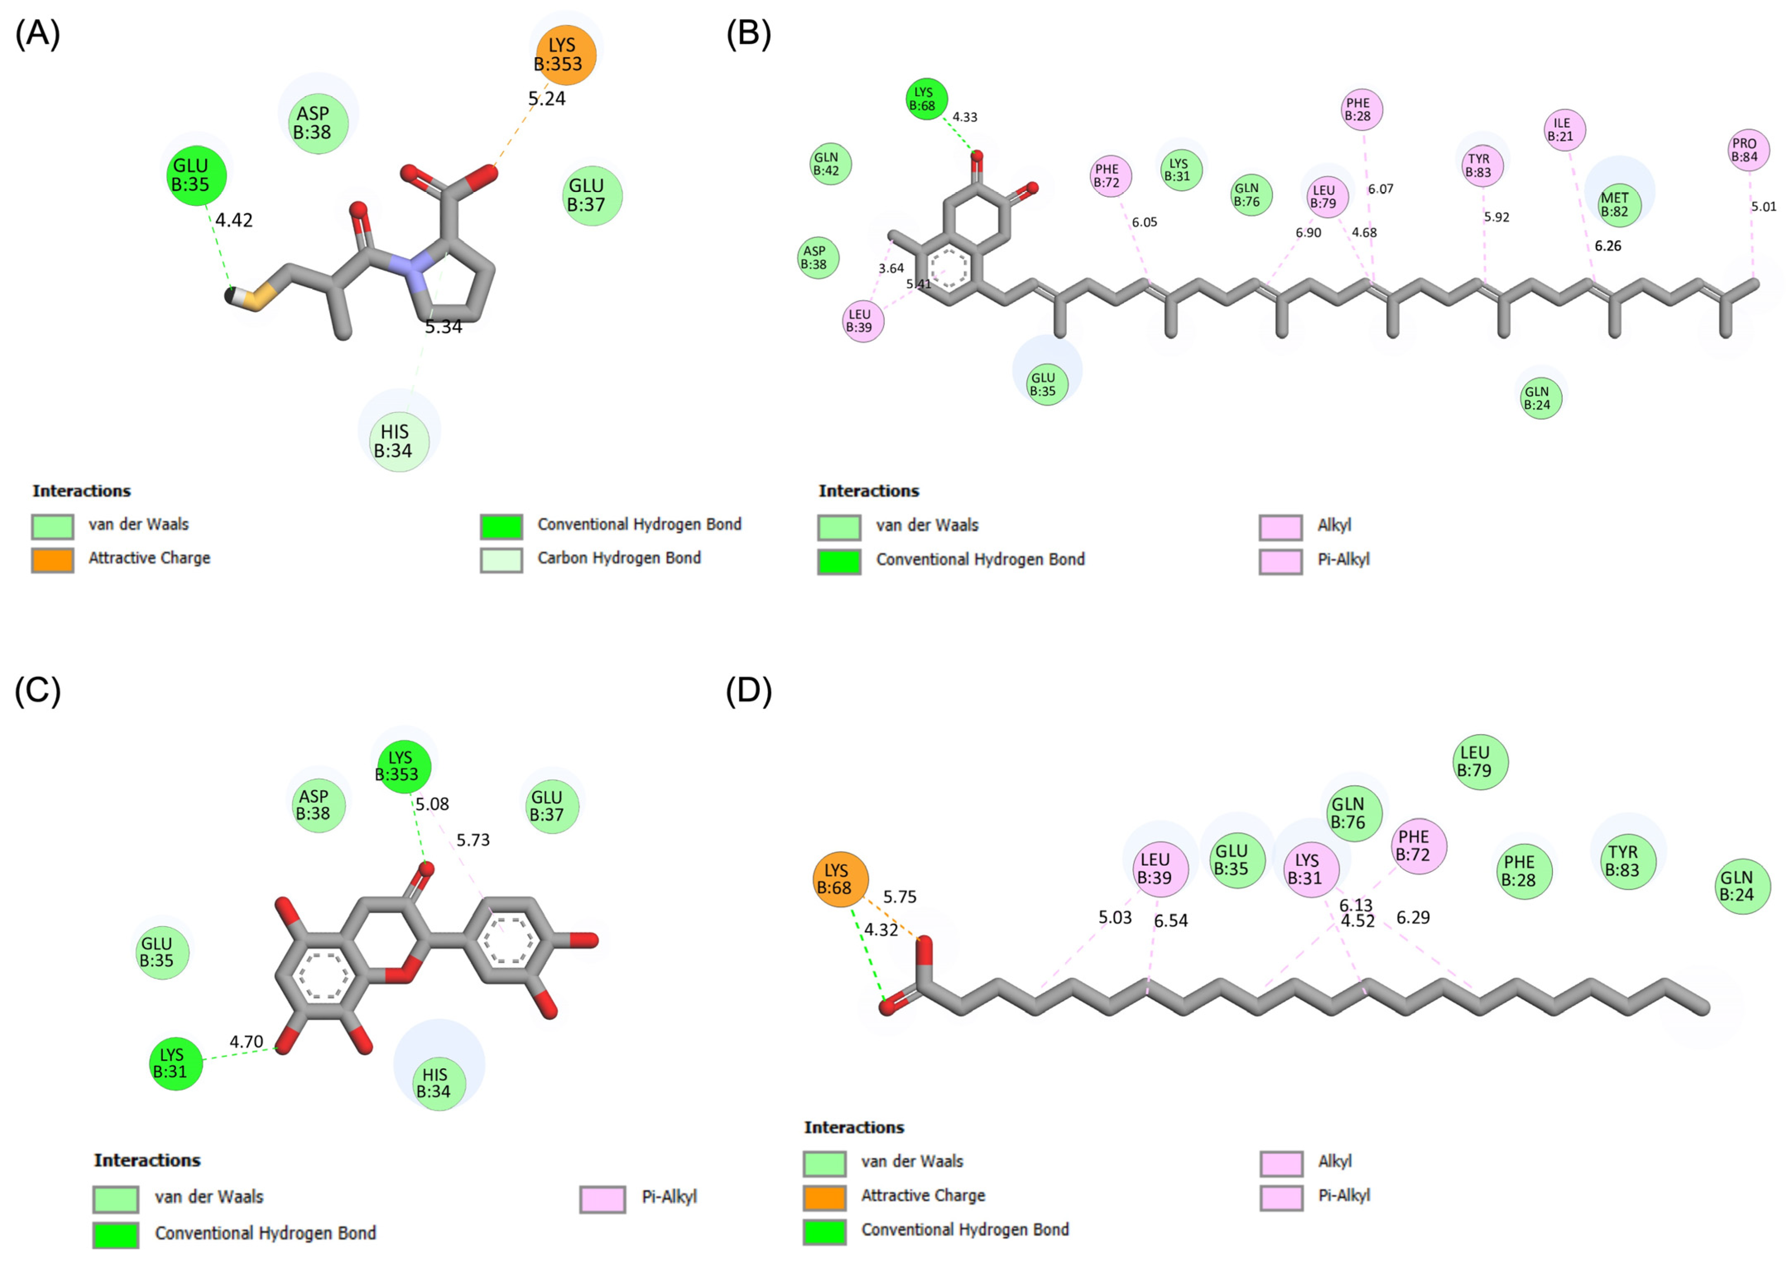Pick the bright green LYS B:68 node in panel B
pyautogui.click(x=926, y=99)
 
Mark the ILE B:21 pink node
pyautogui.click(x=1564, y=129)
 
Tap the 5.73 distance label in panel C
pyautogui.click(x=473, y=840)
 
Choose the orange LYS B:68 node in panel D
pyautogui.click(x=839, y=879)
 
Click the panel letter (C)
pyautogui.click(x=38, y=691)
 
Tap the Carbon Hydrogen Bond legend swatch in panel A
pyautogui.click(x=501, y=559)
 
